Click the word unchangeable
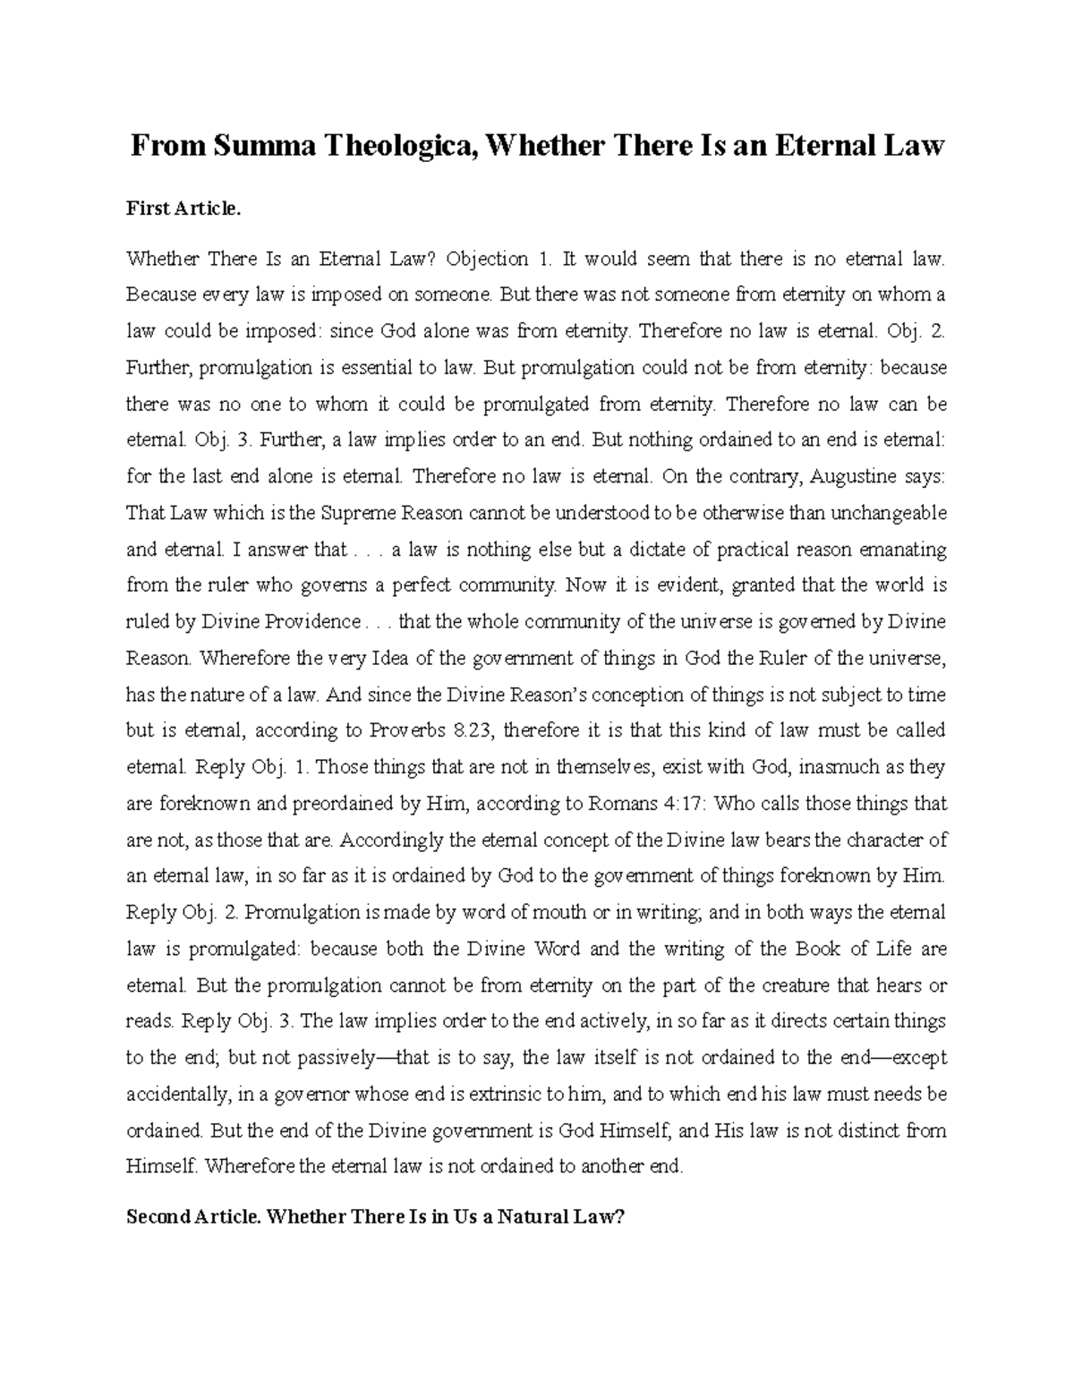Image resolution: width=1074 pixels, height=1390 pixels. click(889, 514)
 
